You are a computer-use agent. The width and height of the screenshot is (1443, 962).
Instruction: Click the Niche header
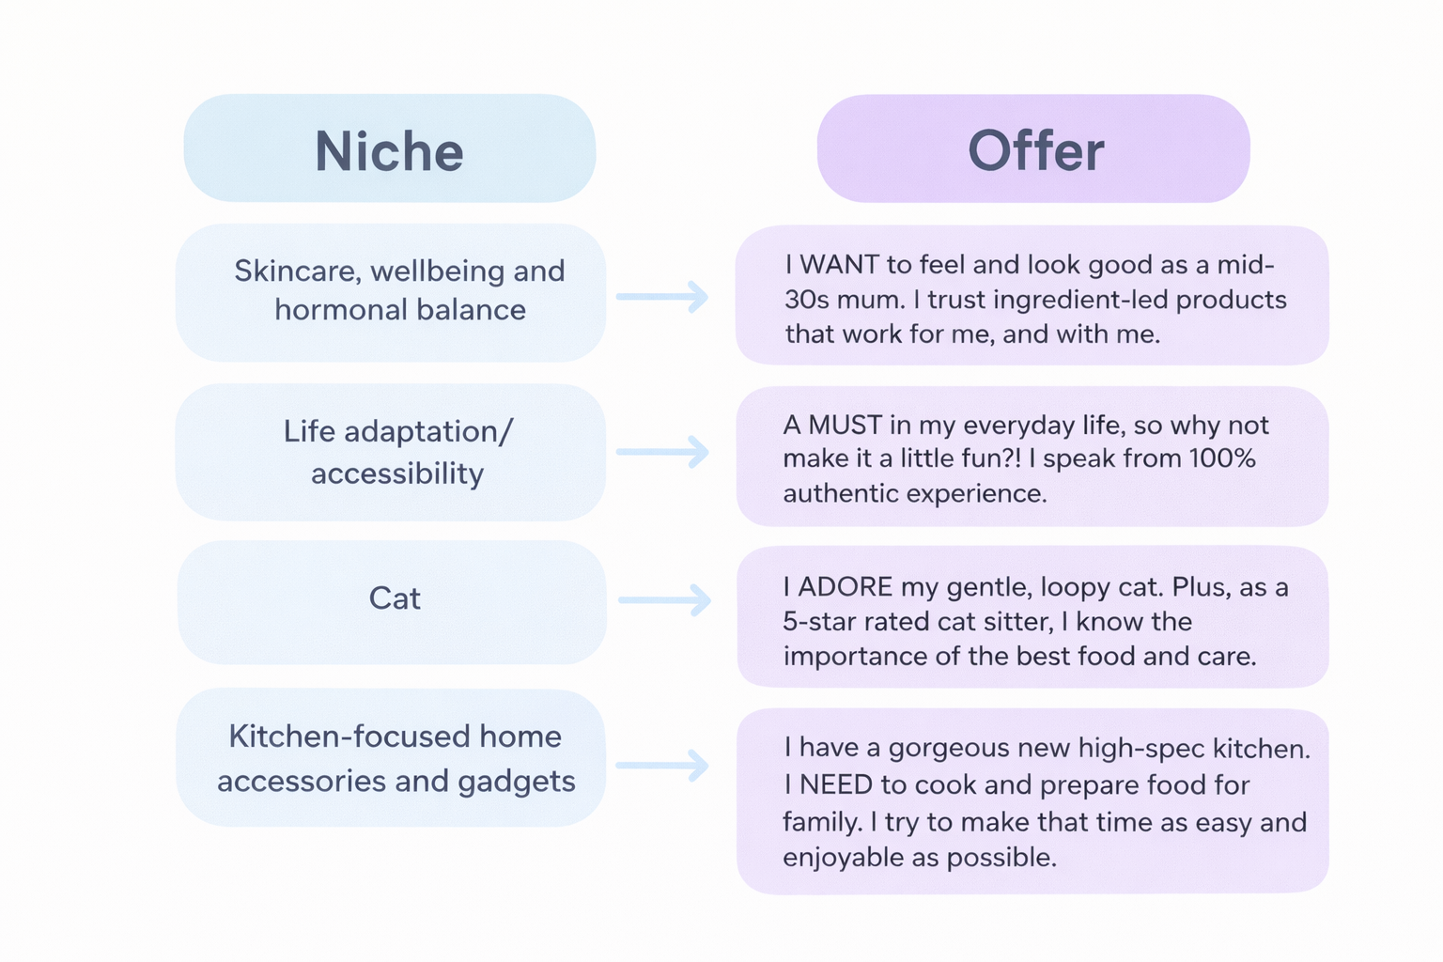389,150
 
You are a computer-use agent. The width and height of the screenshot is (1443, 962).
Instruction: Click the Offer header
1035,150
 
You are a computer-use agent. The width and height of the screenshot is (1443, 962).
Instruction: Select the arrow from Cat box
664,599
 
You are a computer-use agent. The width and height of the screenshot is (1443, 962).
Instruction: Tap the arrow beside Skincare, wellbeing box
662,296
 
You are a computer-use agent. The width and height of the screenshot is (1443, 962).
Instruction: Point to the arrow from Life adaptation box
662,452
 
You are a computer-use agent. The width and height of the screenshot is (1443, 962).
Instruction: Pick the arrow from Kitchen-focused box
662,765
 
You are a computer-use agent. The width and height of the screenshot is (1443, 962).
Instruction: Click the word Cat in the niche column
395,598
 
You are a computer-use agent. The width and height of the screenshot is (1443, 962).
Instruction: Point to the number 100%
1222,458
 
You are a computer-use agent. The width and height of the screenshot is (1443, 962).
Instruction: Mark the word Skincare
297,271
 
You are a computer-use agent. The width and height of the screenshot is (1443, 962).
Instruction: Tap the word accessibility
397,473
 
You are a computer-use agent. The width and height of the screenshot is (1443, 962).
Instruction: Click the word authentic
837,493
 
